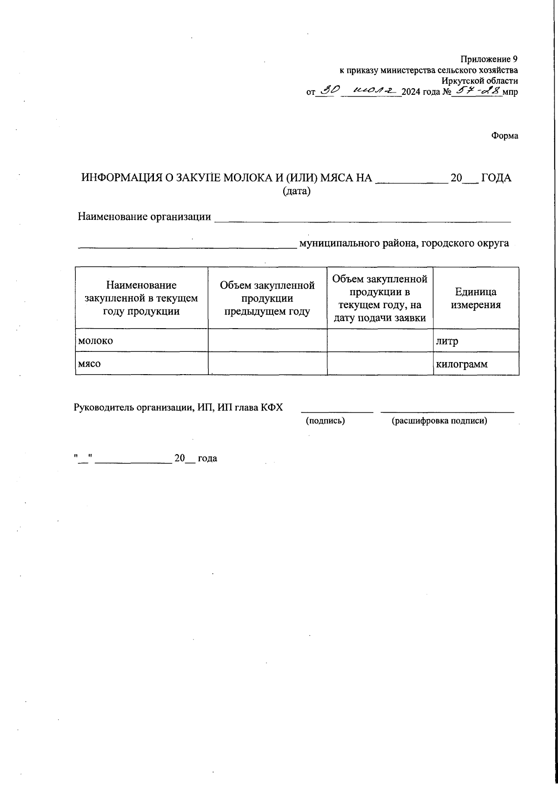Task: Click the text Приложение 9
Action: (x=489, y=59)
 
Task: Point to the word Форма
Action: (x=505, y=136)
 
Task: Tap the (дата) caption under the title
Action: (x=296, y=191)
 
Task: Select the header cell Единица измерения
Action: (x=476, y=298)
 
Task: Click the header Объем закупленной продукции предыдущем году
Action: (x=267, y=298)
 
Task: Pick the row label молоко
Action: (x=96, y=341)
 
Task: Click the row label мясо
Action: (x=89, y=364)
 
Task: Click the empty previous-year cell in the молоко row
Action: (x=267, y=341)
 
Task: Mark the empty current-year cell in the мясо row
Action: (x=380, y=363)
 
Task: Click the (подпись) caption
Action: (x=325, y=421)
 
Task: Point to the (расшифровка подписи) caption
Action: (x=439, y=421)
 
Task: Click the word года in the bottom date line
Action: (x=207, y=458)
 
